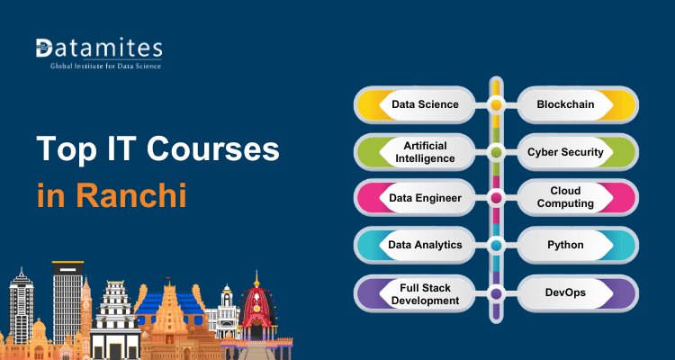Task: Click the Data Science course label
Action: tap(425, 104)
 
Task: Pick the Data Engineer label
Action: tap(426, 197)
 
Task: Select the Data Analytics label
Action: tap(426, 245)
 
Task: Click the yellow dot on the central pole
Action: tap(495, 104)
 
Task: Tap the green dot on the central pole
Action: tap(495, 152)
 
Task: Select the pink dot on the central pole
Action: tap(495, 197)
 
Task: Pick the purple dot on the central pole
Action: tap(495, 292)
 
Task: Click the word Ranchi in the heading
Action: tap(131, 194)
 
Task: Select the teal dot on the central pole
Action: tap(495, 245)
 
